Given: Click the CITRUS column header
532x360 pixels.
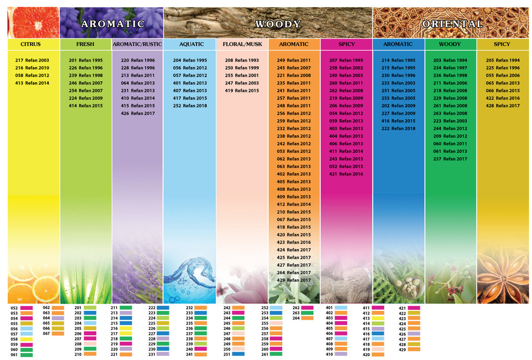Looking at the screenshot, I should (31, 44).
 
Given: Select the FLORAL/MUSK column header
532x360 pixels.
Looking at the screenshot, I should (242, 44).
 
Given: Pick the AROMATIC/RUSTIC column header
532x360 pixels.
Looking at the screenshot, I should (137, 44).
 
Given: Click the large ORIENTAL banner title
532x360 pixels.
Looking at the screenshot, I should (452, 24).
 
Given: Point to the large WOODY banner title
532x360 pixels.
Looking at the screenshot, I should (278, 24).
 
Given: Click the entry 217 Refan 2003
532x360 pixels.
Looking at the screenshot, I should (32, 60).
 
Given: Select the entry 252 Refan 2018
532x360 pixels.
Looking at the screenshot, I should (190, 106).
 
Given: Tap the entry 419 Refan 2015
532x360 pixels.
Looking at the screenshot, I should (242, 91).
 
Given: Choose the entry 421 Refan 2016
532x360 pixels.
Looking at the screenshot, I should (346, 174).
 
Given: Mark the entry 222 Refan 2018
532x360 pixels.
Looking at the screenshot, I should (398, 129).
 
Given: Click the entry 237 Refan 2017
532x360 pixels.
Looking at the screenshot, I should (450, 159).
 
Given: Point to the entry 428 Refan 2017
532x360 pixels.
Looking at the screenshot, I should (503, 106).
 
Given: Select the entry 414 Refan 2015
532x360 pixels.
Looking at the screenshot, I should (86, 106).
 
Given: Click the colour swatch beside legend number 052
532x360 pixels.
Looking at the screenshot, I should (26, 308).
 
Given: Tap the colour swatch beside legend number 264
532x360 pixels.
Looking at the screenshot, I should (307, 318).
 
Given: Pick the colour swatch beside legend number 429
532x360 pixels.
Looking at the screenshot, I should (414, 350).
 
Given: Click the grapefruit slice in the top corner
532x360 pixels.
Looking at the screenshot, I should (33, 23).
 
